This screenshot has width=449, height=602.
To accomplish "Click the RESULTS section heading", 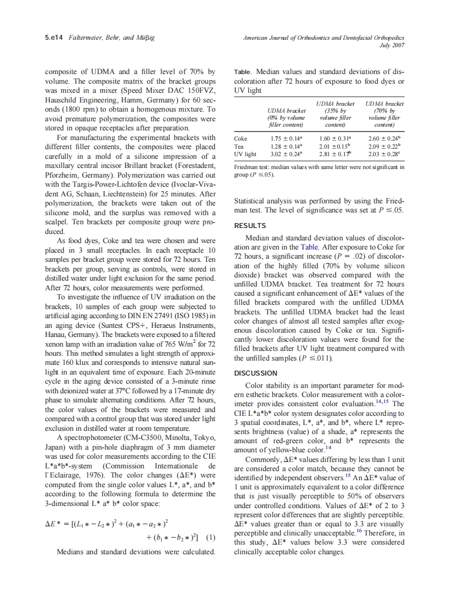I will (250, 226).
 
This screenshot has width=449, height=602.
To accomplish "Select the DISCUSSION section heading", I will (256, 373).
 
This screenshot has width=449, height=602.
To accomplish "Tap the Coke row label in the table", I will (241, 138).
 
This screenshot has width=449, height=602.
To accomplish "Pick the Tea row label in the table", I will (239, 146).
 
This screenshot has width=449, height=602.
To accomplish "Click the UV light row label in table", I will (245, 154).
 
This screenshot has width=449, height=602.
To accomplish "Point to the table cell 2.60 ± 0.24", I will (384, 138).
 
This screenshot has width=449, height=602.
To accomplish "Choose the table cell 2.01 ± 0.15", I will (335, 146).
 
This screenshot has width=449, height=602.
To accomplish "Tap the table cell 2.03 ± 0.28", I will (384, 154).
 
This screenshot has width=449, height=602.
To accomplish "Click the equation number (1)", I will (211, 537).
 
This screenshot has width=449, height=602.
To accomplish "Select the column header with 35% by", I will (335, 111).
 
